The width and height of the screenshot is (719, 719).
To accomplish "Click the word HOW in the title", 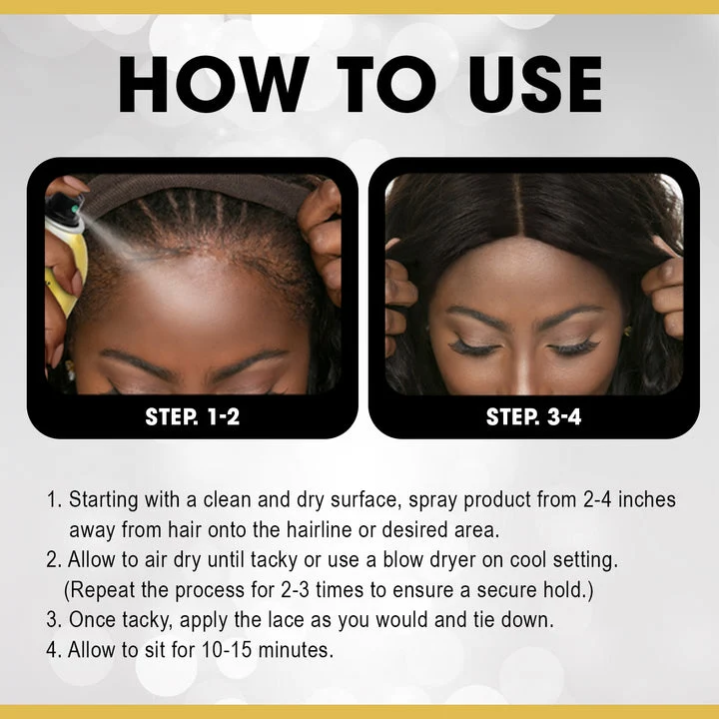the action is (214, 84).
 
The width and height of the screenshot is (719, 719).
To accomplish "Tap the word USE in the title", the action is (535, 84).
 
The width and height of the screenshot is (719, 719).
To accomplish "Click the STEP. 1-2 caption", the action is (192, 416).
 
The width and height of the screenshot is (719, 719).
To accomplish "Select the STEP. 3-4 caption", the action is (533, 416).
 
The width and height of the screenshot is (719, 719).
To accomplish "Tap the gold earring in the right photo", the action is (627, 332).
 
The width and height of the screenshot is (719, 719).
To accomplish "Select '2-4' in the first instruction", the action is (597, 500).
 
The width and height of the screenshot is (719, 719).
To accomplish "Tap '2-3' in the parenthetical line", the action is (295, 590).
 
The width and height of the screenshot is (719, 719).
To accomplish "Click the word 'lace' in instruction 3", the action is (287, 620).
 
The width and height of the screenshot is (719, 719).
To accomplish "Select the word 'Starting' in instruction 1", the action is (103, 500).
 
